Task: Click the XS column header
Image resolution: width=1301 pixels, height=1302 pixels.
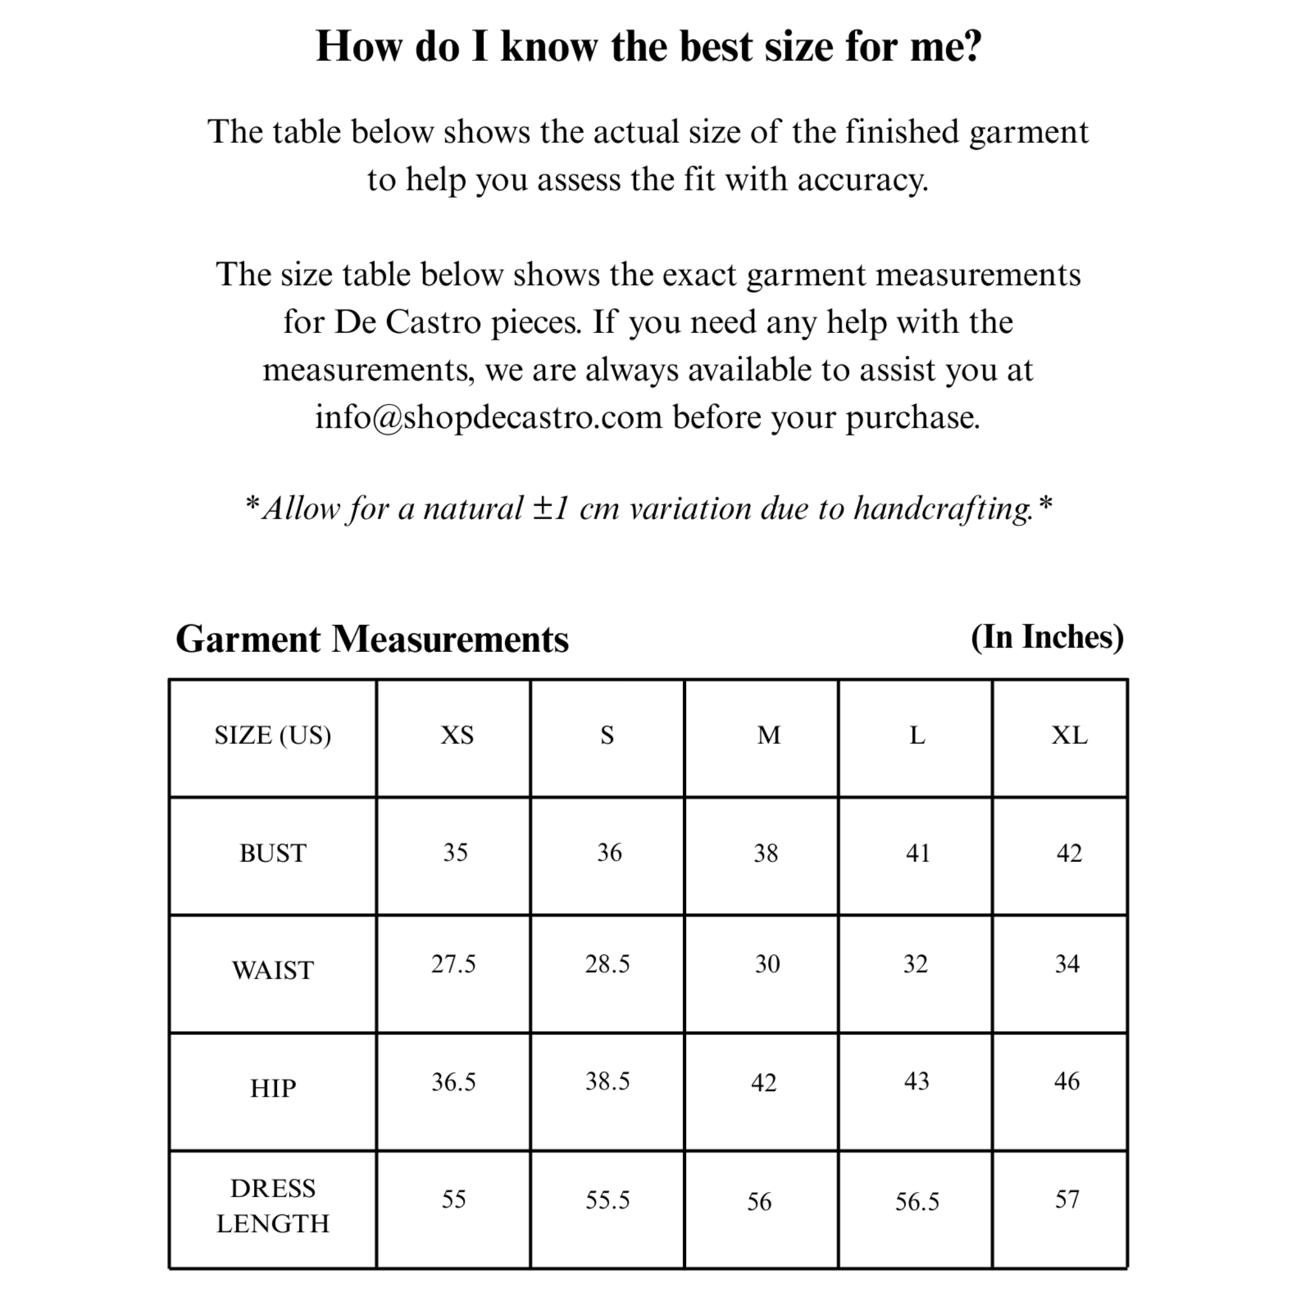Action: [x=457, y=735]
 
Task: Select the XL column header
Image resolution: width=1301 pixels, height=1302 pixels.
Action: [x=1069, y=735]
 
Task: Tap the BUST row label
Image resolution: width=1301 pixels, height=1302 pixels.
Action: [x=273, y=853]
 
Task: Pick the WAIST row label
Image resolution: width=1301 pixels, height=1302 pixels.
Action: [x=273, y=970]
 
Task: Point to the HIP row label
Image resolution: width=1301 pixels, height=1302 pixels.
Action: [x=273, y=1088]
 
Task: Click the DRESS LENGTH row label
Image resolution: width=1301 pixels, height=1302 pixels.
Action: [x=273, y=1205]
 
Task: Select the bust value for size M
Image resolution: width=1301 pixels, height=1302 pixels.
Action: [x=765, y=853]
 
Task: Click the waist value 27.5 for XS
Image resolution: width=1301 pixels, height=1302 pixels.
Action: [x=454, y=965]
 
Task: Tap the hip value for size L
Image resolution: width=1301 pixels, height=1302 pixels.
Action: [x=916, y=1082]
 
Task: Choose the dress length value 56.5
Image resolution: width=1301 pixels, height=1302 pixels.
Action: [x=917, y=1202]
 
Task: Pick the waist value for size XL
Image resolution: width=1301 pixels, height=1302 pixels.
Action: [x=1067, y=965]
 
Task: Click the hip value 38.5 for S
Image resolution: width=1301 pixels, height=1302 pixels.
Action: [x=607, y=1082]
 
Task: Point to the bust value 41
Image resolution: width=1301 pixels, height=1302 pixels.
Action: [x=918, y=853]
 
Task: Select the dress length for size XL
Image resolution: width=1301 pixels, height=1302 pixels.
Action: [x=1067, y=1200]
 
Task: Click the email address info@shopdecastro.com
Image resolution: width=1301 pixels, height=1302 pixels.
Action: [x=489, y=417]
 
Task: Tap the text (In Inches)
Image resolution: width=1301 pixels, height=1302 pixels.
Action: [x=1047, y=637]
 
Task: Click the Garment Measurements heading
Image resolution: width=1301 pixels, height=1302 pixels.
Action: [x=372, y=639]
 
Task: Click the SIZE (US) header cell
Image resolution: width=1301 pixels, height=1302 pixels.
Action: [x=273, y=735]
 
